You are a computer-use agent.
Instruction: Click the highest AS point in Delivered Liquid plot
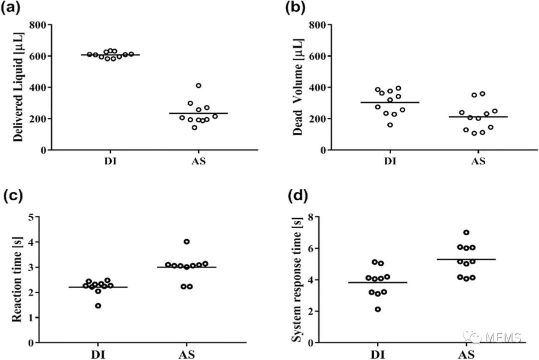199,86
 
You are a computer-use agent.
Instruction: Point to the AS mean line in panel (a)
198,113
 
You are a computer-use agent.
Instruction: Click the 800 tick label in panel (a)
40,25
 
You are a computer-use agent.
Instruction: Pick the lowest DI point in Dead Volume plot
390,125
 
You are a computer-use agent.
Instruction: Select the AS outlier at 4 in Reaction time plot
187,242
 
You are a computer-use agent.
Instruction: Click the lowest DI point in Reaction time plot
98,306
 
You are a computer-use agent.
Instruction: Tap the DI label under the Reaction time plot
98,355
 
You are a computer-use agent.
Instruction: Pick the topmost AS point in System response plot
466,233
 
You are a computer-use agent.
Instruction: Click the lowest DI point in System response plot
378,310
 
